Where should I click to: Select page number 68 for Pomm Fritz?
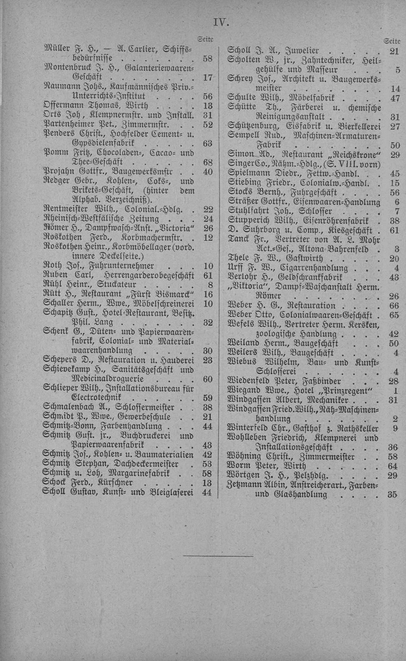coord(207,162)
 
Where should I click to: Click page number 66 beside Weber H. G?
coord(394,305)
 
